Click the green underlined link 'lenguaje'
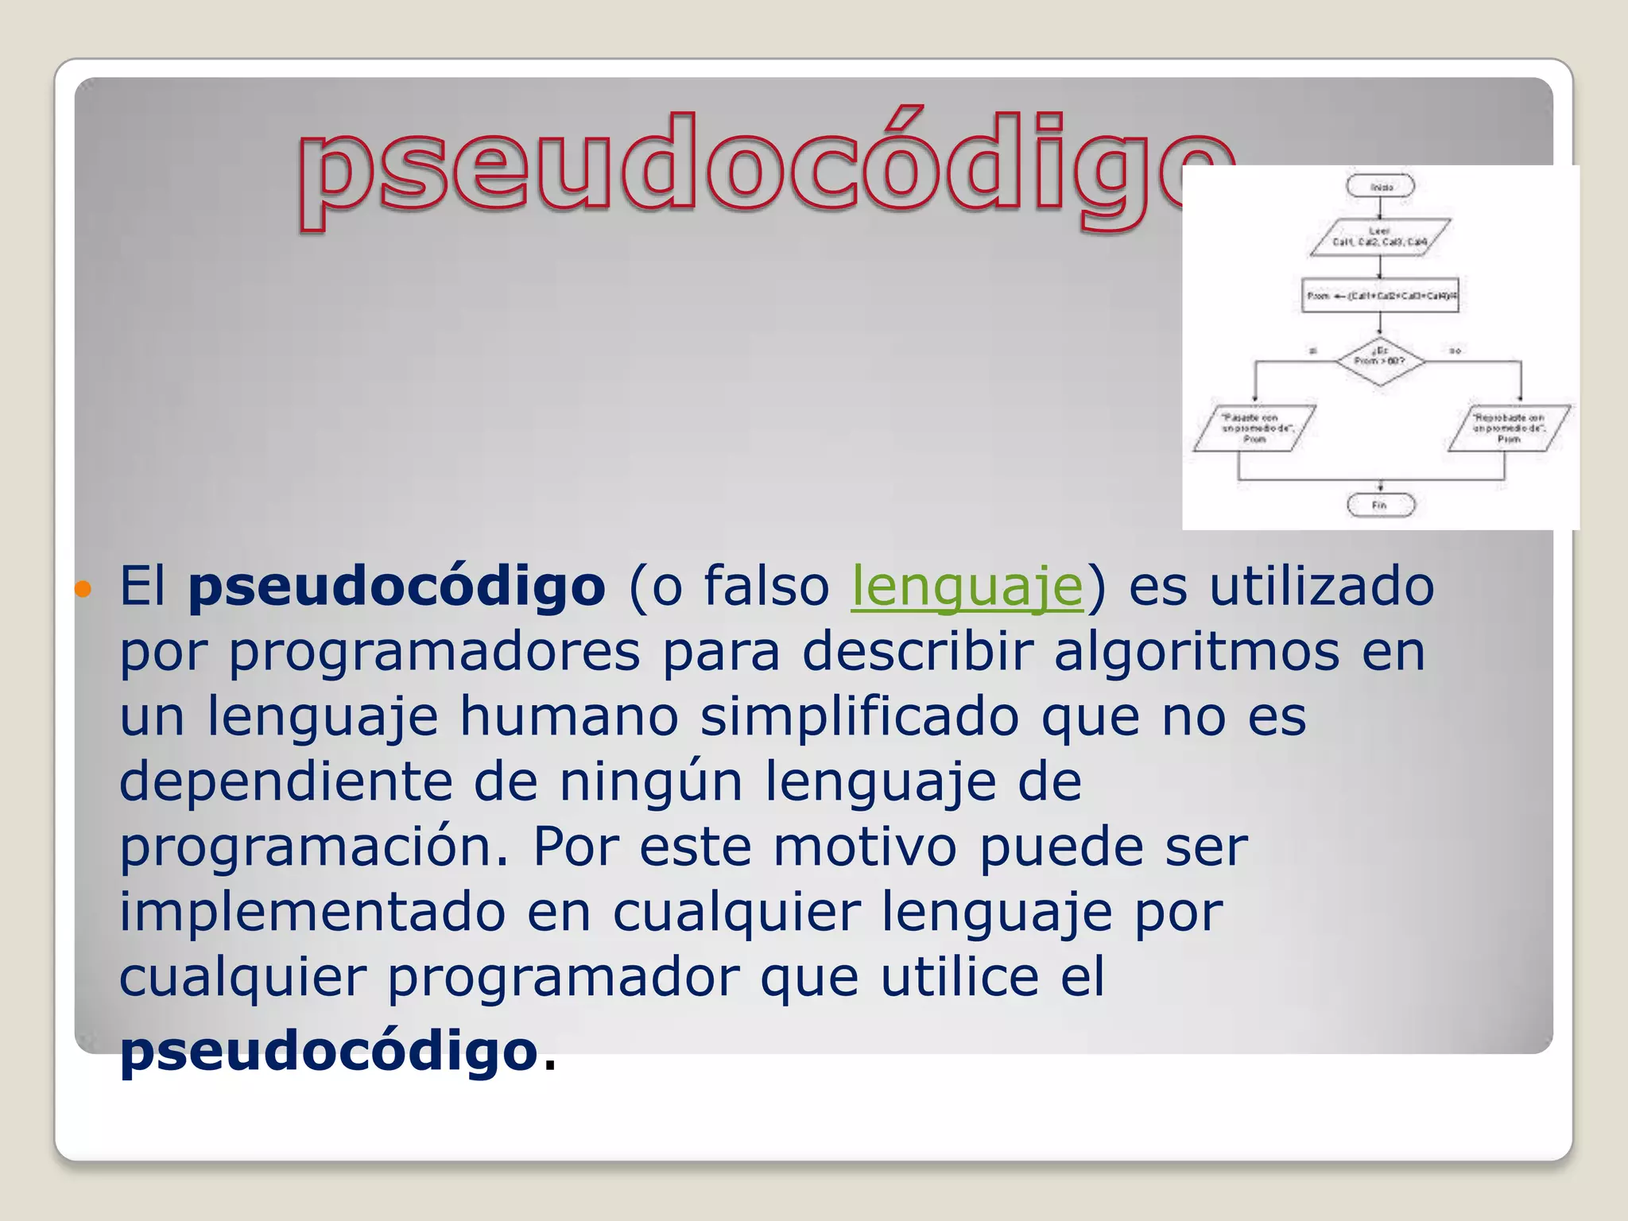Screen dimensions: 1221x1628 967,587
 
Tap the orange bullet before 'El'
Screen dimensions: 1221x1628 83,589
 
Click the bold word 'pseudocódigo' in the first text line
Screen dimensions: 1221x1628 397,587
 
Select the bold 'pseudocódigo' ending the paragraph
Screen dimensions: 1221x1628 329,1051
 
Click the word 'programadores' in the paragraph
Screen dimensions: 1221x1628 435,653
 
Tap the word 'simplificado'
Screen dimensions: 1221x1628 859,718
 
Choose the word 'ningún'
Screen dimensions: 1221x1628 651,782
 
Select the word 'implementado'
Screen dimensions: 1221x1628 312,912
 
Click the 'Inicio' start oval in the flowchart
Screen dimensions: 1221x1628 1380,187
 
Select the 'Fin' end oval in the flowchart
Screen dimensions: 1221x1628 1380,505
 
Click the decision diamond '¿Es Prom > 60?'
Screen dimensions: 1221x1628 1380,362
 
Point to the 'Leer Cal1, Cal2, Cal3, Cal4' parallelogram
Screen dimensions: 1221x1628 1380,237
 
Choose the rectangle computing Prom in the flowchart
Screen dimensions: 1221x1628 1380,296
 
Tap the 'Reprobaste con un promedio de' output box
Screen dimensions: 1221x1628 1508,428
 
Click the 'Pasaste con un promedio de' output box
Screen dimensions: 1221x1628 1254,428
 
